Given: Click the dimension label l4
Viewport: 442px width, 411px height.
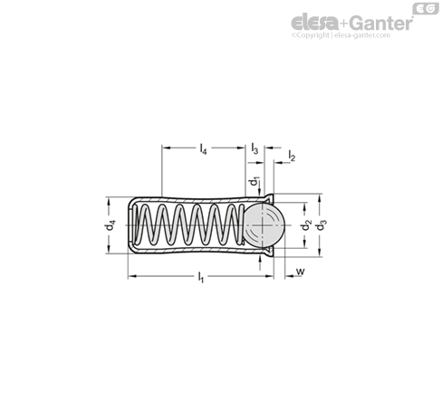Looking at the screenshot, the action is click(204, 149).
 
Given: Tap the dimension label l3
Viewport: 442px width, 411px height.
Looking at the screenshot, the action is click(255, 148).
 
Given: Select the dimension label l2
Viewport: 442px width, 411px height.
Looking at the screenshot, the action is click(292, 156).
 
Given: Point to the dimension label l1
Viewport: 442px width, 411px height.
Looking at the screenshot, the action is click(201, 277).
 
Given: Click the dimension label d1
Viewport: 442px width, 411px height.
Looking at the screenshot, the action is click(254, 181).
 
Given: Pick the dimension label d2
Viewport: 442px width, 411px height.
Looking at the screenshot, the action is click(306, 225).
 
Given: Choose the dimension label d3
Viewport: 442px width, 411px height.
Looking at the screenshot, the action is click(322, 225).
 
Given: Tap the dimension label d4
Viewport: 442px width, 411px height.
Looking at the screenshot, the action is click(110, 225).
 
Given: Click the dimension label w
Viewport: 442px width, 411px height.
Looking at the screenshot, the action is click(300, 272).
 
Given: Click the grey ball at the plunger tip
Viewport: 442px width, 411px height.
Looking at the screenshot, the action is click(264, 225).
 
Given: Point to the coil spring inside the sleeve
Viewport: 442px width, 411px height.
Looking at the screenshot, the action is click(188, 225).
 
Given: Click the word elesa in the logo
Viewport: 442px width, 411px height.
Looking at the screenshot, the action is click(314, 23).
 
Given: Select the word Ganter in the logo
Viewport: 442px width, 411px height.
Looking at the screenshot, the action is click(381, 23).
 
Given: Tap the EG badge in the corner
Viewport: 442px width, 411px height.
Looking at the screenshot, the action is click(426, 8).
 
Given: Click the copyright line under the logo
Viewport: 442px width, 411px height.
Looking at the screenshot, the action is click(341, 35).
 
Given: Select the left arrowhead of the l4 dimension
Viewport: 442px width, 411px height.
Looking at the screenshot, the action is click(166, 148).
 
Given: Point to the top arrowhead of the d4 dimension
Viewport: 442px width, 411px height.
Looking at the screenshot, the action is click(109, 201).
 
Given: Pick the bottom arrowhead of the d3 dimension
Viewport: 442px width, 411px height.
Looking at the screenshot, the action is click(320, 253).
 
